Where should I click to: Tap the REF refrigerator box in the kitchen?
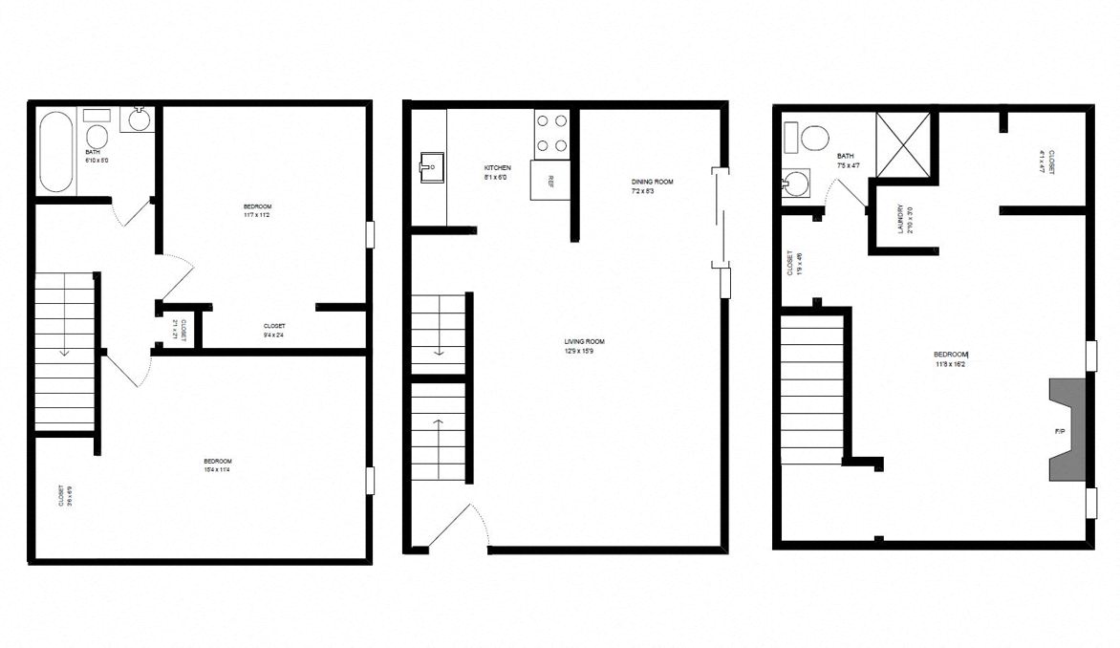click(x=550, y=180)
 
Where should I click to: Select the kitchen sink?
click(x=430, y=167)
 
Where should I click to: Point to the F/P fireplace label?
click(x=1060, y=432)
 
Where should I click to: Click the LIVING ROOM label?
click(x=584, y=341)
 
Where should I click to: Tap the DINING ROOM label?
click(x=652, y=182)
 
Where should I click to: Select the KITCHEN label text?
click(x=497, y=168)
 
